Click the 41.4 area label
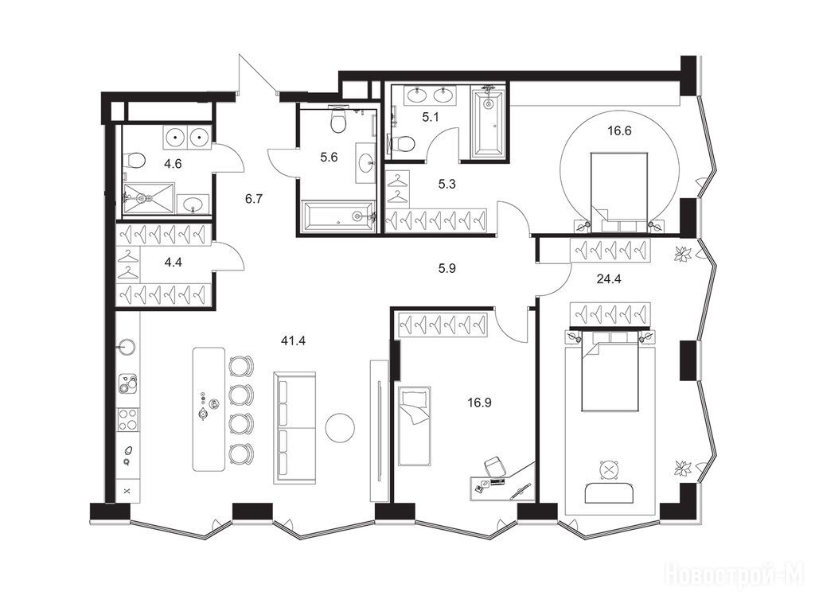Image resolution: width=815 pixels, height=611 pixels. click(293, 341)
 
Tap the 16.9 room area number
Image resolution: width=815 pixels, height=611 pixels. click(479, 402)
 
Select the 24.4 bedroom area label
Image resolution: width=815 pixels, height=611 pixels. click(609, 278)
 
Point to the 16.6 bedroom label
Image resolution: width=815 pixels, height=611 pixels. click(619, 131)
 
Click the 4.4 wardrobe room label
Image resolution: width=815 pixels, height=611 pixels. click(173, 263)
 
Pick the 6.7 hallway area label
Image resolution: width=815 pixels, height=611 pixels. click(254, 198)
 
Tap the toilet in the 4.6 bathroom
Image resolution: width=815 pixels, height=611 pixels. click(135, 160)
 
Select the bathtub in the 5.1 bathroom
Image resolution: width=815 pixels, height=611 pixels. click(488, 123)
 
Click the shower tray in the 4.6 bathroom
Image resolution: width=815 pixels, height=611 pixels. click(148, 197)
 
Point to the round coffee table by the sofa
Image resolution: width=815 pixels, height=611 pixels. click(340, 427)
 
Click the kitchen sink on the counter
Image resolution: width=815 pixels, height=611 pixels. click(127, 347)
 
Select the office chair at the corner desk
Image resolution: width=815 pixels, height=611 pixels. click(495, 466)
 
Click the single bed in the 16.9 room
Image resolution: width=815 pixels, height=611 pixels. click(414, 426)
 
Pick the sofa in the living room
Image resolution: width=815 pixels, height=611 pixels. click(294, 428)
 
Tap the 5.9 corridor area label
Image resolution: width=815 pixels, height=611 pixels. click(447, 269)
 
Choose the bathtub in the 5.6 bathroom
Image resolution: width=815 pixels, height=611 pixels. click(338, 216)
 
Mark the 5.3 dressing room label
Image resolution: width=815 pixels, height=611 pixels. click(447, 184)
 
